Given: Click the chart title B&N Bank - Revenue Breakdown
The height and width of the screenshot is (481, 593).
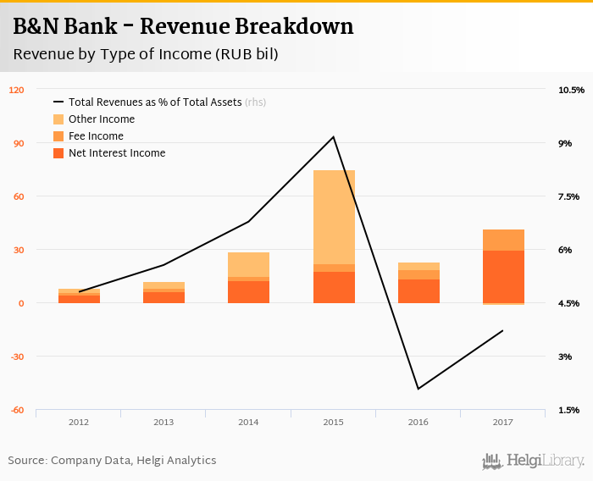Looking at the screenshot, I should [x=183, y=27].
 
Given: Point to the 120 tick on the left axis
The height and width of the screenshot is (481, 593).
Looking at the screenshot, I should [x=16, y=90].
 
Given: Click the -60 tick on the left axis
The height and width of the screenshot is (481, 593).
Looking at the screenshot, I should [x=16, y=410].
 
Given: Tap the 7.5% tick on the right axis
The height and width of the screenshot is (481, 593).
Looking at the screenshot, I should [x=568, y=196].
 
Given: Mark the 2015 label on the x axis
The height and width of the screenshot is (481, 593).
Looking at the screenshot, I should [x=333, y=421].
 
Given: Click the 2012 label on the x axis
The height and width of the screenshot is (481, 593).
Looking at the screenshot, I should [x=79, y=421].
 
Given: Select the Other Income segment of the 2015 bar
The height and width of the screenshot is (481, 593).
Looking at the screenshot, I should [x=334, y=217].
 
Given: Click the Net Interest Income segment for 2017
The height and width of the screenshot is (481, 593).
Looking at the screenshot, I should [x=503, y=276].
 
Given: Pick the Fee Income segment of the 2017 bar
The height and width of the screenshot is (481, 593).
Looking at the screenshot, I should [x=503, y=240].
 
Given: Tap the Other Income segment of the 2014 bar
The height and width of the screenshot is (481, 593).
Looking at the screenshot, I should [x=248, y=264].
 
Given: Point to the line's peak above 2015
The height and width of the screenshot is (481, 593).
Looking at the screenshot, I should [x=334, y=137].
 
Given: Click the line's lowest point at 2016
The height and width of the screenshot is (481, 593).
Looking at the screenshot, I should [x=418, y=389].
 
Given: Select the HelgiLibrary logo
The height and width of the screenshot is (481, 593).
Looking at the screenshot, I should [x=533, y=461].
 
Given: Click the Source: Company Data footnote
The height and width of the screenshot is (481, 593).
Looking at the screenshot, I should [x=112, y=461].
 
